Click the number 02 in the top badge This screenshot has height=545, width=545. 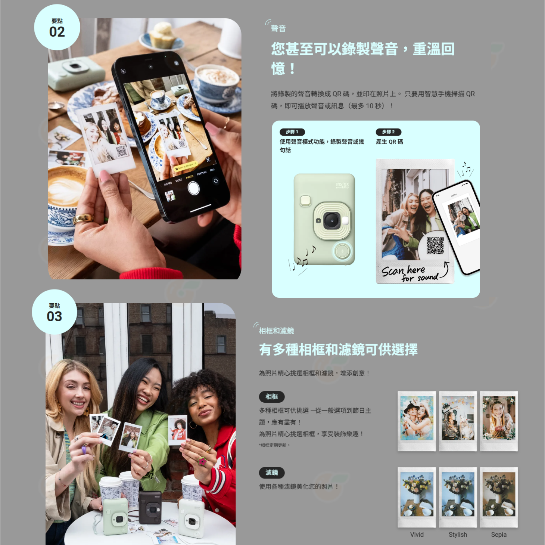click(x=57, y=32)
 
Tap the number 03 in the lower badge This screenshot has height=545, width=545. click(x=54, y=316)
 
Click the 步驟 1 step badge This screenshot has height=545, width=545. click(x=292, y=132)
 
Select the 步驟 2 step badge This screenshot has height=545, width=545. click(x=388, y=132)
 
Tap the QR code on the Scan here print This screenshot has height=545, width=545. click(x=435, y=245)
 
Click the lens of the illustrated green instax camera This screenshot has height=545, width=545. click(x=331, y=220)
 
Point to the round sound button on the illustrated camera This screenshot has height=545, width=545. click(x=342, y=251)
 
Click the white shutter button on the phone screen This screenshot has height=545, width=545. click(x=193, y=188)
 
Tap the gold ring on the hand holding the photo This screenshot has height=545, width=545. click(x=83, y=219)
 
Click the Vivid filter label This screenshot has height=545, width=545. click(x=417, y=535)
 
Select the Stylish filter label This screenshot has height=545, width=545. click(x=458, y=535)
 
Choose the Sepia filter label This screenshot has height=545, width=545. click(x=499, y=535)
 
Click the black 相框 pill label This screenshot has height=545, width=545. click(x=271, y=397)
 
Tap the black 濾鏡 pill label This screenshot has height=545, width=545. click(x=271, y=473)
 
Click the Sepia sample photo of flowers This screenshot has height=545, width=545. click(x=499, y=497)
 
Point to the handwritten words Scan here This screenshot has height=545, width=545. click(x=403, y=270)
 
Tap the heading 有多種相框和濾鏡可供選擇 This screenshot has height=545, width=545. click(x=338, y=349)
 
